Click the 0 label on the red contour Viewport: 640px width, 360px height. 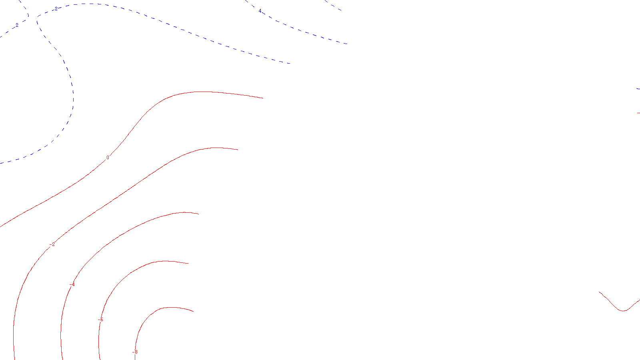tap(108, 158)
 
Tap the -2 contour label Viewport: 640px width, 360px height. tap(52, 244)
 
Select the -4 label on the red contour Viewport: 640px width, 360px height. tap(72, 284)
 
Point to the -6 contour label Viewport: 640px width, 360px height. tap(101, 320)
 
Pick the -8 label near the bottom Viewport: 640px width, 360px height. tap(135, 352)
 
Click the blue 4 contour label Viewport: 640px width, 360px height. tap(260, 11)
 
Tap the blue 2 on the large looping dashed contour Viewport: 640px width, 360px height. tap(56, 8)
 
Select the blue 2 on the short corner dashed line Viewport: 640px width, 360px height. tap(17, 25)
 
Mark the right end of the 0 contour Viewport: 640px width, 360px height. tap(263, 98)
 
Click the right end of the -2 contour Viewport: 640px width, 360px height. tap(238, 150)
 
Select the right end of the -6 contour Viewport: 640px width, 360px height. tap(189, 264)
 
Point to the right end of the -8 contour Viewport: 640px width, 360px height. tap(194, 311)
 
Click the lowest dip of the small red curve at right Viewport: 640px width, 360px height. tap(623, 311)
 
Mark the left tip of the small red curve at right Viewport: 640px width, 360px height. tap(599, 292)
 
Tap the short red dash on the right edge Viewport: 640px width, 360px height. tap(638, 113)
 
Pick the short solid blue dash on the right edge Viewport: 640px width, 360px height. tap(638, 89)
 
